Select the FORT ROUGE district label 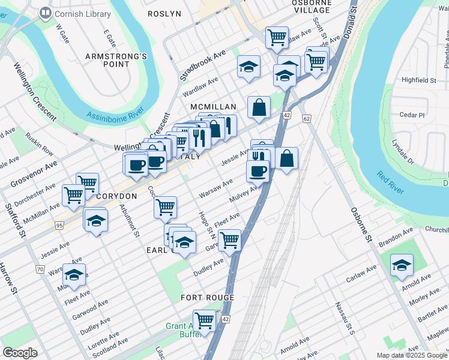[208, 298]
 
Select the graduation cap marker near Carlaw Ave [402, 265]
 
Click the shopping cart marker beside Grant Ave [205, 319]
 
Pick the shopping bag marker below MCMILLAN [259, 108]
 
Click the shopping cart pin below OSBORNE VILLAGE [277, 37]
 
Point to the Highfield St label [419, 80]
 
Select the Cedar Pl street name [412, 115]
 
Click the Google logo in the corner [20, 352]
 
